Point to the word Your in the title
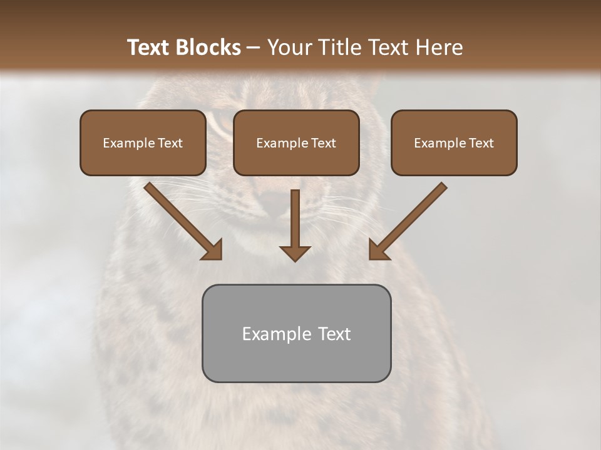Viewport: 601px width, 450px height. (289, 47)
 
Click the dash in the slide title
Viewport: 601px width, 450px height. (254, 48)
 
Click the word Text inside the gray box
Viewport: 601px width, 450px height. (334, 334)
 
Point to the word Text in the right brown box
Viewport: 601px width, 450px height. (481, 143)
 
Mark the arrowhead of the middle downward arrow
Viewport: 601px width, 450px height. (295, 252)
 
